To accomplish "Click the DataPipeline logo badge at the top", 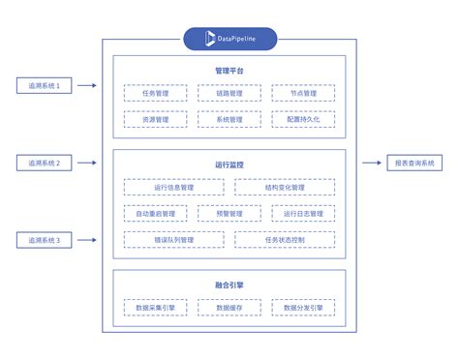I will tap(229, 39).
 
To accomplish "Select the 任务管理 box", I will tap(155, 93).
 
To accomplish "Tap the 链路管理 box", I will tap(229, 93).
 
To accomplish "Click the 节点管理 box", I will tap(303, 93).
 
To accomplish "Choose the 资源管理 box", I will tap(155, 119).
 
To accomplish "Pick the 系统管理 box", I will tap(229, 119).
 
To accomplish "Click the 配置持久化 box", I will tap(303, 119).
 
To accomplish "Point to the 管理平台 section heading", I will tap(229, 71).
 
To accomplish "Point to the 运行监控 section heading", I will tap(229, 165).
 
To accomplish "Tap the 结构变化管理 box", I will tap(285, 187).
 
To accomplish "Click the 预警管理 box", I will tap(229, 213).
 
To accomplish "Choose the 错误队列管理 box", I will tap(174, 238).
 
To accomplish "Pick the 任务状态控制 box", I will tap(285, 238).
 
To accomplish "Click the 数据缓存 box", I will tap(229, 308).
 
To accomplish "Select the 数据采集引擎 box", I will tap(155, 308).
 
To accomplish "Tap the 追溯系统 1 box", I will tap(45, 86).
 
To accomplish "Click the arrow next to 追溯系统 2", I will tap(88, 164).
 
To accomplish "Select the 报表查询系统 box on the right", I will tap(413, 164).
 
